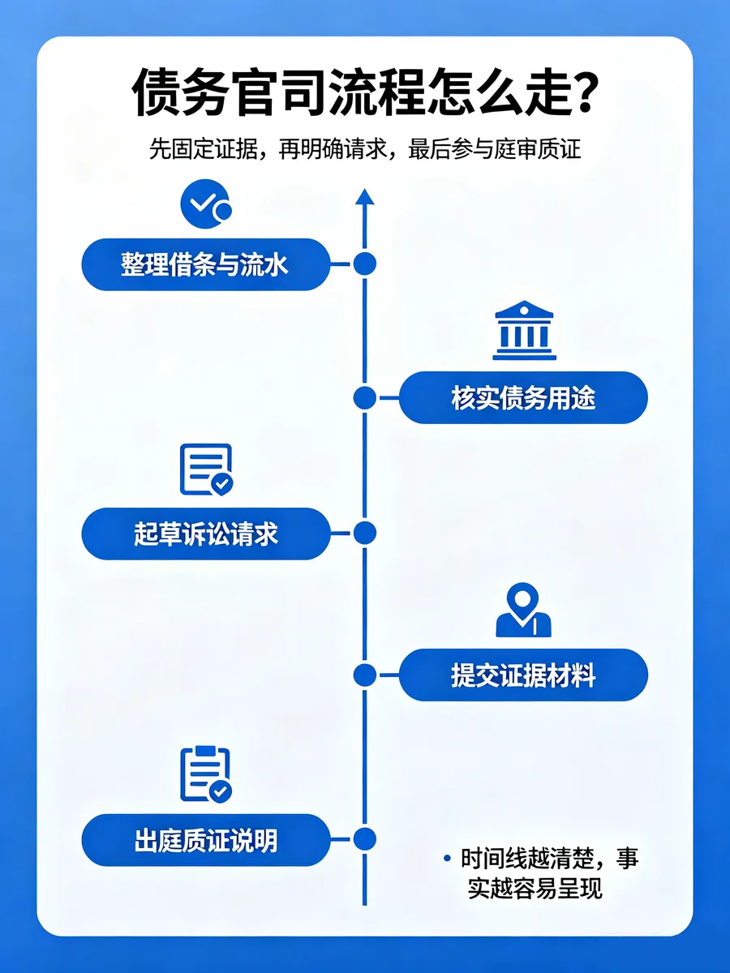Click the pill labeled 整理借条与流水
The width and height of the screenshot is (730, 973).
click(206, 264)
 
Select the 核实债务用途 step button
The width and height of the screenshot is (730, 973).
click(523, 397)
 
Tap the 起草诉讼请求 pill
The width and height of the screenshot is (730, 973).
click(206, 534)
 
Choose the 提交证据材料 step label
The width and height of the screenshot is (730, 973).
click(523, 675)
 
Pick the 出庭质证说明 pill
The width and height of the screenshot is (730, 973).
click(206, 840)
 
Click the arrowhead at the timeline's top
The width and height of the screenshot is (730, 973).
click(365, 197)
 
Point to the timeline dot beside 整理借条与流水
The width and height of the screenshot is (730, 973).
click(365, 264)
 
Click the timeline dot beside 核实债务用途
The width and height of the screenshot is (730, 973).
click(365, 397)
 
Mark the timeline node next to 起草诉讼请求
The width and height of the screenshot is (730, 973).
click(365, 533)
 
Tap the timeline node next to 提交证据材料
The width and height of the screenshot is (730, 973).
click(365, 675)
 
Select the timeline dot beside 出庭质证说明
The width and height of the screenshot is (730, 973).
click(365, 839)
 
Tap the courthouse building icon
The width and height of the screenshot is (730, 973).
click(524, 330)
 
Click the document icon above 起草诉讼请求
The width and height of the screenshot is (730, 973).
click(206, 469)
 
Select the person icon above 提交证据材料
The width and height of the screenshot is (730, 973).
click(523, 610)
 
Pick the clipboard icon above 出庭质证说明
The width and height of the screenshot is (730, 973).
click(206, 775)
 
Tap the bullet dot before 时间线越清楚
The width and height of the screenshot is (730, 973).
click(447, 859)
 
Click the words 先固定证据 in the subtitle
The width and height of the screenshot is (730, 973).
click(204, 149)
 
